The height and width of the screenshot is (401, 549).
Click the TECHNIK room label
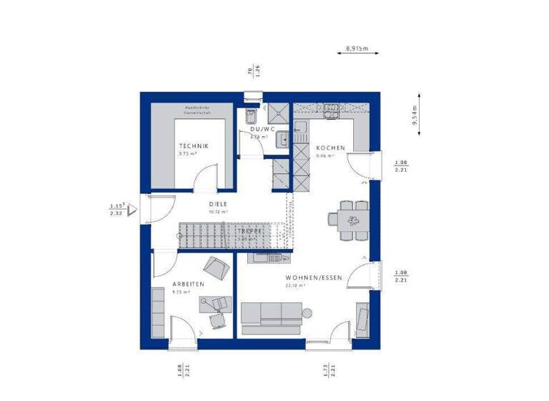[194, 145]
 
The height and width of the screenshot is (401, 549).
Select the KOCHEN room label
[330, 148]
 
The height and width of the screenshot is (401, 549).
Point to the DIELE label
[218, 203]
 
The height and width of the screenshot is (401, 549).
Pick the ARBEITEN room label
[188, 284]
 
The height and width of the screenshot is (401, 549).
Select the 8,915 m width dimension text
[356, 49]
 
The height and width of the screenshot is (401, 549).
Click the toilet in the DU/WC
[250, 118]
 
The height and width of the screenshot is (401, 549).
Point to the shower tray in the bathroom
[278, 112]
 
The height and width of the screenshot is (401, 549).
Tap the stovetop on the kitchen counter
[332, 109]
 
